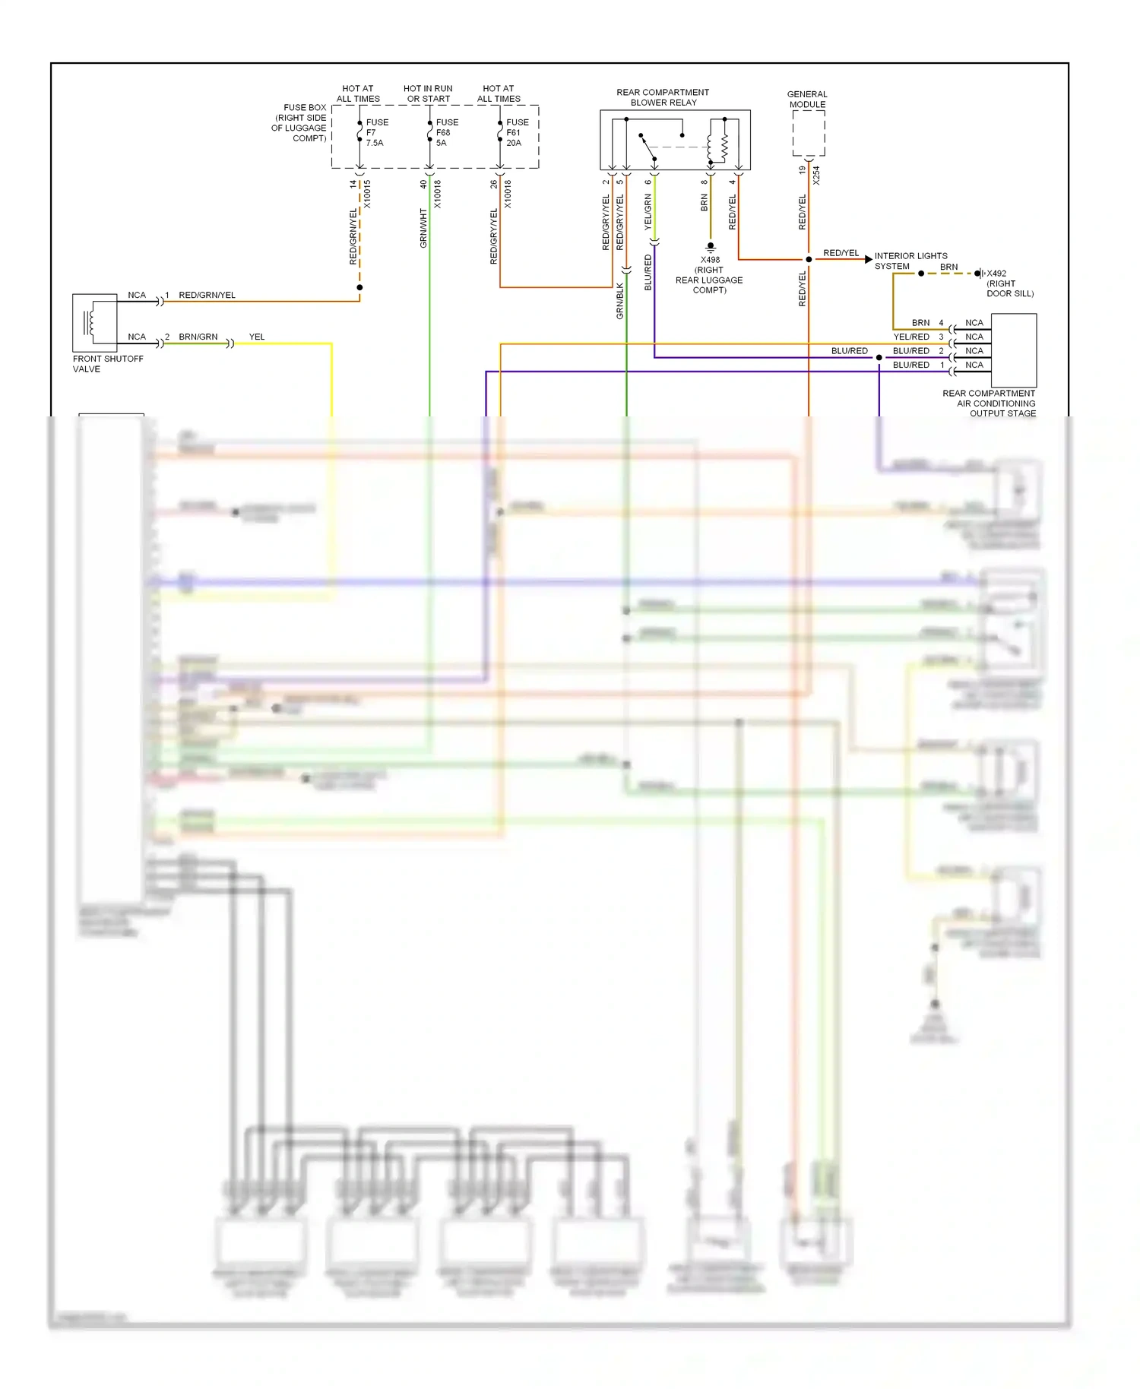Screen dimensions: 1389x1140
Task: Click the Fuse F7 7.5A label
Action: click(x=376, y=132)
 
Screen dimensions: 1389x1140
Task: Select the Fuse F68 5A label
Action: click(x=446, y=132)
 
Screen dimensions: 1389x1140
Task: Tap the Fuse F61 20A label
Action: click(x=517, y=132)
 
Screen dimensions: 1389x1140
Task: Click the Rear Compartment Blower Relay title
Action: click(x=663, y=97)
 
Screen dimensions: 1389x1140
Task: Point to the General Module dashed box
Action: click(x=808, y=133)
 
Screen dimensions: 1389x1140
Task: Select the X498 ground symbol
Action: click(x=710, y=247)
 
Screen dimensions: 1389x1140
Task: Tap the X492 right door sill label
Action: click(x=1009, y=283)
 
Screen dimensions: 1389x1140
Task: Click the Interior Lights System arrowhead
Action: click(x=868, y=259)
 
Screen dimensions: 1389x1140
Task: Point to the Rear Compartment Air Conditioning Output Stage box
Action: click(x=1013, y=350)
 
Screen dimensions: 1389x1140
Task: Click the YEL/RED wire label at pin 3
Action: click(x=910, y=337)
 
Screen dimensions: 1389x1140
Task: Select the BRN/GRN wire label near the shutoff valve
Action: click(x=198, y=337)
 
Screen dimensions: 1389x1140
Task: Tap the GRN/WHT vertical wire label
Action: click(x=423, y=228)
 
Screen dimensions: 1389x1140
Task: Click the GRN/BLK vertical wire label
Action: click(x=619, y=300)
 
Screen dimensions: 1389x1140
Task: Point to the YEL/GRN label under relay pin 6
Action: click(x=648, y=212)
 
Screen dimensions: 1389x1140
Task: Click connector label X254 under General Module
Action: click(x=816, y=176)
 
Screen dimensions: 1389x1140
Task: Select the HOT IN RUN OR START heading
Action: click(x=428, y=93)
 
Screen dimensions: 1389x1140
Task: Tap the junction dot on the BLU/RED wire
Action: click(x=879, y=357)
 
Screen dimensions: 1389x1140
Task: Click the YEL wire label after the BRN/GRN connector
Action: click(x=257, y=337)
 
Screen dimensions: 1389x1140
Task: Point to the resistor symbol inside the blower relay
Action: click(x=724, y=147)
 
